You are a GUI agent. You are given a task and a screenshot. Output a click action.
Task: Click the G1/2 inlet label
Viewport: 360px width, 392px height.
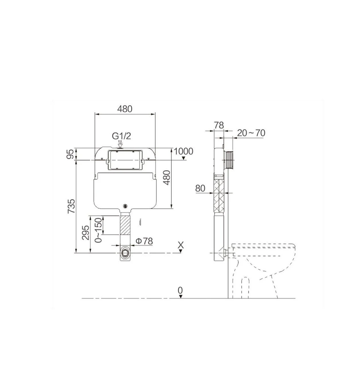click(121, 136)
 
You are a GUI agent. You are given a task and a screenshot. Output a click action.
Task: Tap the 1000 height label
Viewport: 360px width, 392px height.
click(183, 151)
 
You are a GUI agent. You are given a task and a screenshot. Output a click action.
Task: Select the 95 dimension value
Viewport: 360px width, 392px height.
click(72, 154)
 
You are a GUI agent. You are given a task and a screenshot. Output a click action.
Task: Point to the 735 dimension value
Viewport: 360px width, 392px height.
click(71, 206)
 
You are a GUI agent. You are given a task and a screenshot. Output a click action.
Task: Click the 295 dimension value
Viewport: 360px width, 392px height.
click(86, 233)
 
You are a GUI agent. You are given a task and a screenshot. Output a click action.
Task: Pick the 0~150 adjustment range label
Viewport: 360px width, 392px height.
click(99, 230)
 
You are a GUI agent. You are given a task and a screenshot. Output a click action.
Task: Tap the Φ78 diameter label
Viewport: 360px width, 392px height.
click(144, 241)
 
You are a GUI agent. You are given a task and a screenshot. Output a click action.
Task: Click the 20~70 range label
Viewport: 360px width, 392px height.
click(251, 133)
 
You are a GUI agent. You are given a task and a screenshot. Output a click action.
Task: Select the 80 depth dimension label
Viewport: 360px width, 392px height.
click(200, 188)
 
